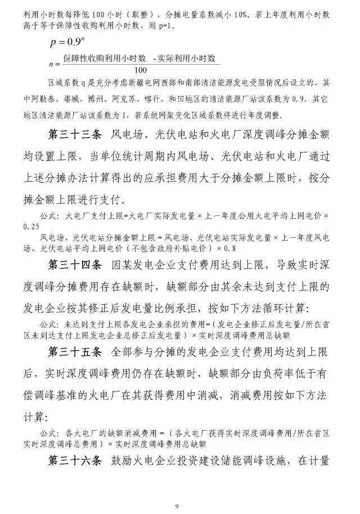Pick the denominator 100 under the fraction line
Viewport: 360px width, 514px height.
pos(141,70)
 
